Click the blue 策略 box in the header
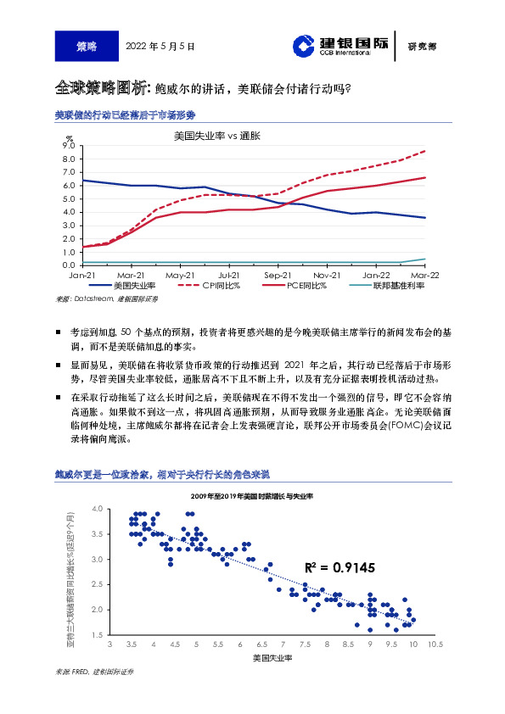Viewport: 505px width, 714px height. (86, 46)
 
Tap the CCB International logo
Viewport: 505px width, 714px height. (339, 46)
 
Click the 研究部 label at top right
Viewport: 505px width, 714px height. (421, 47)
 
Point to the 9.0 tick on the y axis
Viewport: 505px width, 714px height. (70, 146)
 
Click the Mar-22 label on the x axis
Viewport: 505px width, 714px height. (424, 276)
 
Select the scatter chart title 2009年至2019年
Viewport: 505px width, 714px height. (252, 494)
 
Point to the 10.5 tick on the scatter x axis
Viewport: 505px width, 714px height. (435, 645)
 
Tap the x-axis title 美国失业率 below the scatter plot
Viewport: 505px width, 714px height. (272, 658)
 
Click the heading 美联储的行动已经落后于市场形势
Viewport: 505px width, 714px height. (125, 114)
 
